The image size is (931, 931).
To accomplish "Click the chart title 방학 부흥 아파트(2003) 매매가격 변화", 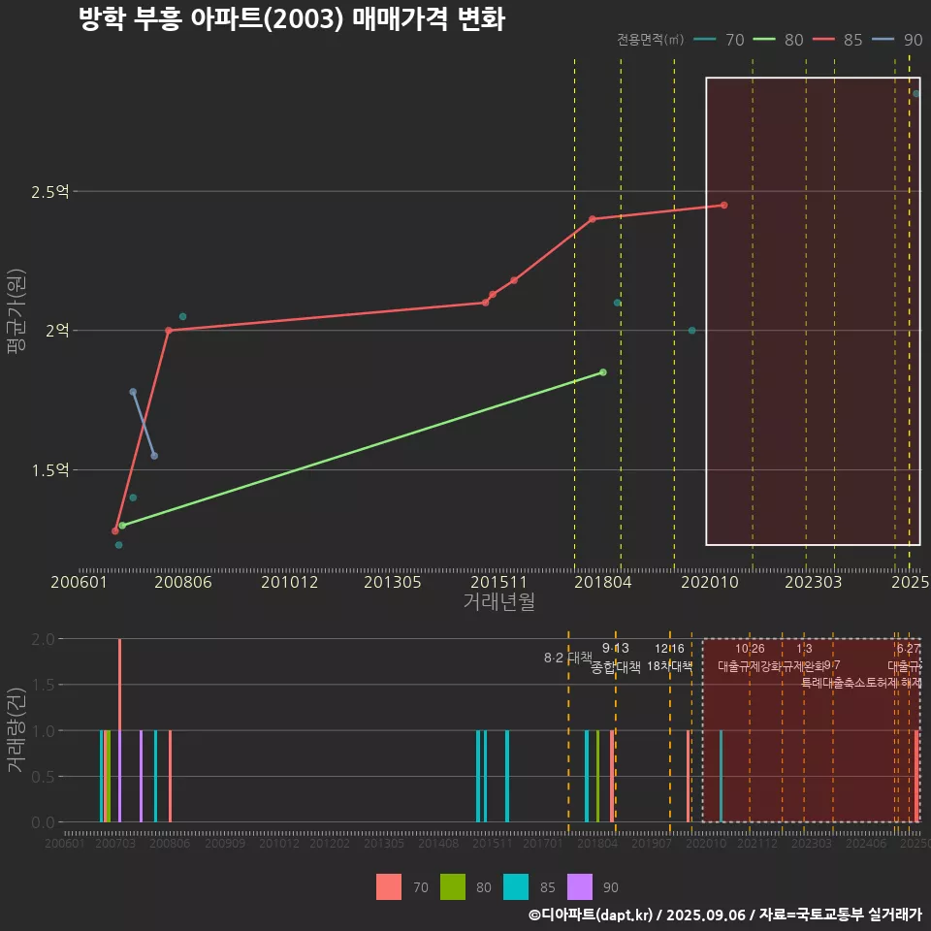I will pyautogui.click(x=291, y=19).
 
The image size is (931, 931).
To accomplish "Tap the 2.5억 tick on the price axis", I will pyautogui.click(x=49, y=192).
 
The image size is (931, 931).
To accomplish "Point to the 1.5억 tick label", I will pyautogui.click(x=49, y=470).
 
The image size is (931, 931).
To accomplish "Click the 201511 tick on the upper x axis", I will pyautogui.click(x=493, y=582).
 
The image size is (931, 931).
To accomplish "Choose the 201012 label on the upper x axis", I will pyautogui.click(x=288, y=582).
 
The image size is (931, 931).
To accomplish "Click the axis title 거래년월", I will pyautogui.click(x=498, y=602).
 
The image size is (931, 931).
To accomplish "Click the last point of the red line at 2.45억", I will pyautogui.click(x=723, y=205).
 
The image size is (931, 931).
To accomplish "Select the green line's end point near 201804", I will pyautogui.click(x=603, y=372).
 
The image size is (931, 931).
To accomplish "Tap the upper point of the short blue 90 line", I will pyautogui.click(x=133, y=392).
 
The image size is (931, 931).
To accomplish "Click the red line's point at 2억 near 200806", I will pyautogui.click(x=169, y=330).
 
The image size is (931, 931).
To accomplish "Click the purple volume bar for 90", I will pyautogui.click(x=141, y=776).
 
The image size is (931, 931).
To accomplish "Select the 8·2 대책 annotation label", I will pyautogui.click(x=568, y=658).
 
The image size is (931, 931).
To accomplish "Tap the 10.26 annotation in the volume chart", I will pyautogui.click(x=750, y=649).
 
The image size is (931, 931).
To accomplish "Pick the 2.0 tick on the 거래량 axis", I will pyautogui.click(x=43, y=639).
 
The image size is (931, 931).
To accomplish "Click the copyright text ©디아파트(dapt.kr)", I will pyautogui.click(x=592, y=914).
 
